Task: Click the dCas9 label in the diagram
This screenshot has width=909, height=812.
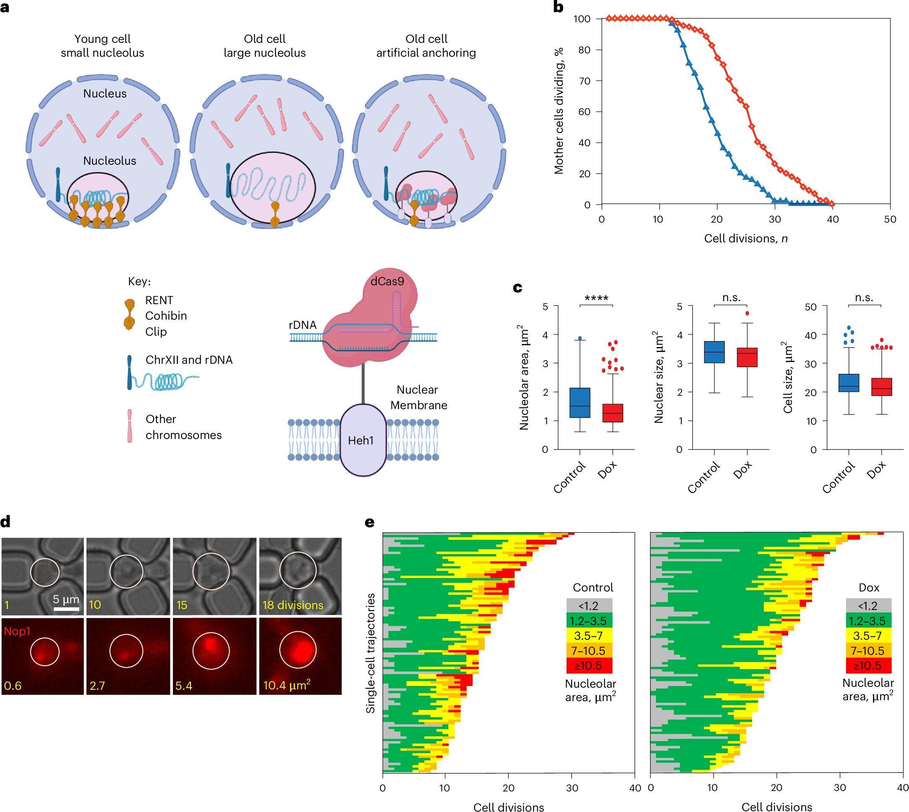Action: coord(387,281)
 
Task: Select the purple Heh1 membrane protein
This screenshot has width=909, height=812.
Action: coord(361,440)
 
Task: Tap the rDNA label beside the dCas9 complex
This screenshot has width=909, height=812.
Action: coord(302,325)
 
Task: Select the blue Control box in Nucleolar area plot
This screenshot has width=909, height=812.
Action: coord(580,403)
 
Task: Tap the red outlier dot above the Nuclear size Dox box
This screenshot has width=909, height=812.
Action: coord(747,313)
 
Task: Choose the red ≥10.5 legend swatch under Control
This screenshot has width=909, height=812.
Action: coord(589,666)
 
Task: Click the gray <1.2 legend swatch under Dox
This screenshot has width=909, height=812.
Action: coord(868,606)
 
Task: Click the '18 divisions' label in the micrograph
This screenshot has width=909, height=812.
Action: coord(293,605)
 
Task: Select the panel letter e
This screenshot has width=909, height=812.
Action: coord(370,523)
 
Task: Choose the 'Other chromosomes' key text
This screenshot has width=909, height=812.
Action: coord(183,426)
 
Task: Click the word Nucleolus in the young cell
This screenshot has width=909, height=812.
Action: coord(110,160)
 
